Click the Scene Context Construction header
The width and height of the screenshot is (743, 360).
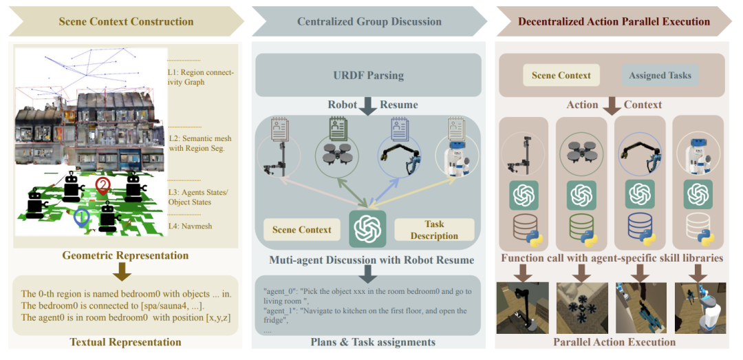click(x=126, y=21)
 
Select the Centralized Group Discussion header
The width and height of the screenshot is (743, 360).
click(x=369, y=21)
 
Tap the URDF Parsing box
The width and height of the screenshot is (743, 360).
click(x=369, y=75)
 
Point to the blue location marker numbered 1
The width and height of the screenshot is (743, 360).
click(x=81, y=218)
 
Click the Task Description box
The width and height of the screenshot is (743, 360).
click(x=434, y=230)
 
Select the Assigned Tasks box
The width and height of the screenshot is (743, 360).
click(x=660, y=75)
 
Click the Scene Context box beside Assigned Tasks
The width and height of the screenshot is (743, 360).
click(x=561, y=75)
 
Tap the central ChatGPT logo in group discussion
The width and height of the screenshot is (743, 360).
click(x=367, y=228)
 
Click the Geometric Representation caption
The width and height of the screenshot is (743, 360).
click(x=125, y=256)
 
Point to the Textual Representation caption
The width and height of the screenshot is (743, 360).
click(x=125, y=342)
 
